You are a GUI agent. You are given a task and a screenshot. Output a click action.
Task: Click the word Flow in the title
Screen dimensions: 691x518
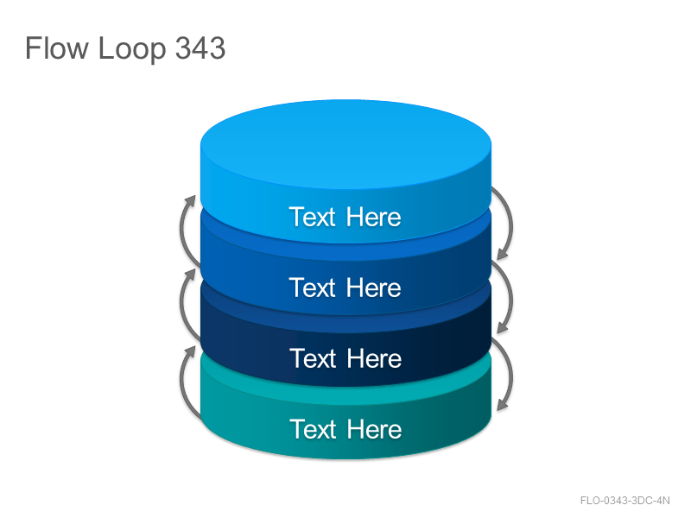[x=56, y=47]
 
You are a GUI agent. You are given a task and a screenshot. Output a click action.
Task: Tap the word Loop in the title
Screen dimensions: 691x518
[x=132, y=49]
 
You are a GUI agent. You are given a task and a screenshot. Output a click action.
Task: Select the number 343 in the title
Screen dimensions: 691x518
[x=200, y=47]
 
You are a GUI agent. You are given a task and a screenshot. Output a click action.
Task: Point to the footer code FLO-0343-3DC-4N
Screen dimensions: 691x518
[x=624, y=501]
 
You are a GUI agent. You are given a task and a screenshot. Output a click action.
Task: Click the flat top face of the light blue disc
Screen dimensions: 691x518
[x=346, y=143]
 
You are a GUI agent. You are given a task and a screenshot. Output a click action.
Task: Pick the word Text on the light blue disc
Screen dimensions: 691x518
[x=313, y=217]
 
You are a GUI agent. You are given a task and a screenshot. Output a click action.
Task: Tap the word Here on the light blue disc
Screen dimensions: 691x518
[x=374, y=217]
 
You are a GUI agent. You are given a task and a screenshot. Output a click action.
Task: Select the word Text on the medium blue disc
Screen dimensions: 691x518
[x=313, y=287]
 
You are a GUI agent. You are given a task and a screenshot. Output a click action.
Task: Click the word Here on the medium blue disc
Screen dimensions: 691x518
[x=374, y=287]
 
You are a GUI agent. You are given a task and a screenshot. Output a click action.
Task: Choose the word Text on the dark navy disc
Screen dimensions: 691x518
[x=313, y=358]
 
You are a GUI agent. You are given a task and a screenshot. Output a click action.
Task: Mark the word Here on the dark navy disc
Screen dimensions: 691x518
[x=374, y=358]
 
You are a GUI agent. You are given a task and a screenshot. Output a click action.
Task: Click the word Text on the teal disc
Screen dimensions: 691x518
[x=313, y=429]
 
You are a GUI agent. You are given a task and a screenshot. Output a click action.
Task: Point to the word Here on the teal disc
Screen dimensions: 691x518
[x=374, y=429]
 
